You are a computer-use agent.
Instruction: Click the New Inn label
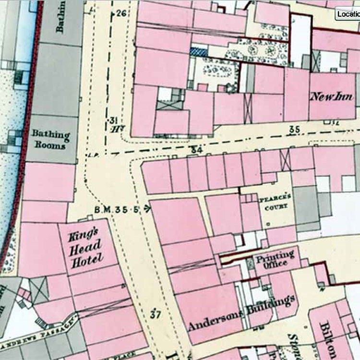click(x=332, y=96)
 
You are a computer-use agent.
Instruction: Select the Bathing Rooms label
click(x=50, y=139)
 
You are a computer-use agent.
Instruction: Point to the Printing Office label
click(x=275, y=259)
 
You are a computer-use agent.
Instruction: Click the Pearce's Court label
click(x=273, y=202)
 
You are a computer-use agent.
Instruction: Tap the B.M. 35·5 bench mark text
click(x=117, y=208)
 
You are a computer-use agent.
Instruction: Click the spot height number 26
click(x=121, y=13)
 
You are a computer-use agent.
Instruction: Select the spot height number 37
click(x=155, y=315)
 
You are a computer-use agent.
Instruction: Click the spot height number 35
click(x=295, y=129)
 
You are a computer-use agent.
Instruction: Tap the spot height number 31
click(x=114, y=120)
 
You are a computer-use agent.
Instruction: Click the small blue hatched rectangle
click(x=198, y=51)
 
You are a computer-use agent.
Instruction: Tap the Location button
click(x=348, y=13)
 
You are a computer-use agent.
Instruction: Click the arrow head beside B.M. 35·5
click(x=147, y=208)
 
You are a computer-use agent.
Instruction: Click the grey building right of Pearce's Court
click(x=306, y=204)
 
